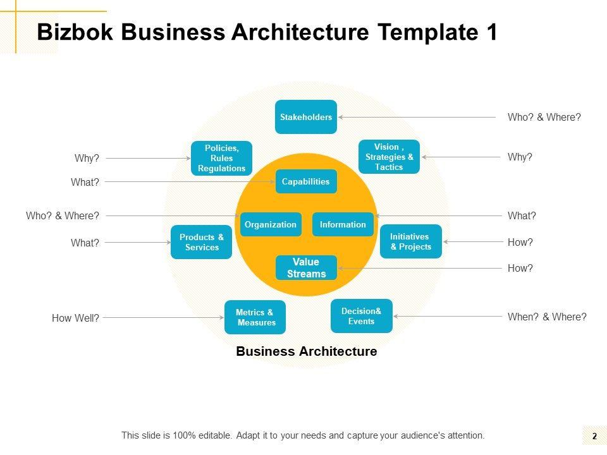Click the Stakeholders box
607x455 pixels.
click(306, 117)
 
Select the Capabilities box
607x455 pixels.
click(306, 181)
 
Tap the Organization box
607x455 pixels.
click(271, 224)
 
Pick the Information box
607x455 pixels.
click(343, 224)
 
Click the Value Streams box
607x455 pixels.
click(306, 268)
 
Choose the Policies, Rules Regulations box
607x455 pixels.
click(221, 158)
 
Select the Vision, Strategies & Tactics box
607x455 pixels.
click(389, 157)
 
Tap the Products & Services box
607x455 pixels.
click(201, 242)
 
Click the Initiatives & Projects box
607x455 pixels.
click(410, 241)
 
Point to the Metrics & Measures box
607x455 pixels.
click(255, 317)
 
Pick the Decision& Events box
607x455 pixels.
click(361, 316)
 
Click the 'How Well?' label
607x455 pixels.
click(75, 318)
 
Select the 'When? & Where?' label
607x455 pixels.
click(547, 317)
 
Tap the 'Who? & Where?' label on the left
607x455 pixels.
click(63, 216)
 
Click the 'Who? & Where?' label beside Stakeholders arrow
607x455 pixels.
click(544, 117)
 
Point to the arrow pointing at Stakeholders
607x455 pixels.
click(417, 117)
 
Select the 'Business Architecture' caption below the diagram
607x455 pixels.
click(306, 351)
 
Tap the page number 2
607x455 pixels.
click(594, 436)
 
